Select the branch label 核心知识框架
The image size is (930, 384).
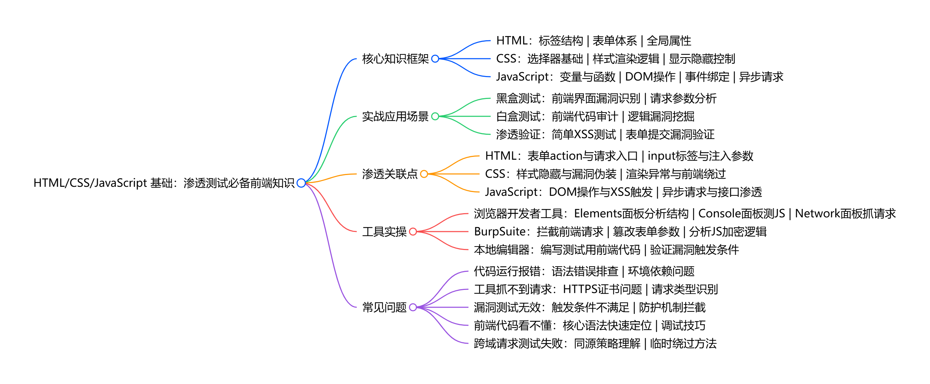pyautogui.click(x=395, y=59)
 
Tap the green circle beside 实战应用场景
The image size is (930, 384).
pyautogui.click(x=435, y=116)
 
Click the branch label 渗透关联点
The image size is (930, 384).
pyautogui.click(x=390, y=174)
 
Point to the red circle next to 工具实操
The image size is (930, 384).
pyautogui.click(x=413, y=232)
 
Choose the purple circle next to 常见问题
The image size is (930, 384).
pyautogui.click(x=413, y=307)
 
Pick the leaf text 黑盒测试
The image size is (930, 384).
pyautogui.click(x=518, y=98)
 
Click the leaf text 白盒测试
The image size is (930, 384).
pyautogui.click(x=518, y=116)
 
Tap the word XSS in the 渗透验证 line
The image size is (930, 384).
pyautogui.click(x=583, y=134)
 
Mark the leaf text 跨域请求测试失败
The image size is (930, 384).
pyautogui.click(x=518, y=343)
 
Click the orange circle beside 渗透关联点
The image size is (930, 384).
pyautogui.click(x=424, y=174)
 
